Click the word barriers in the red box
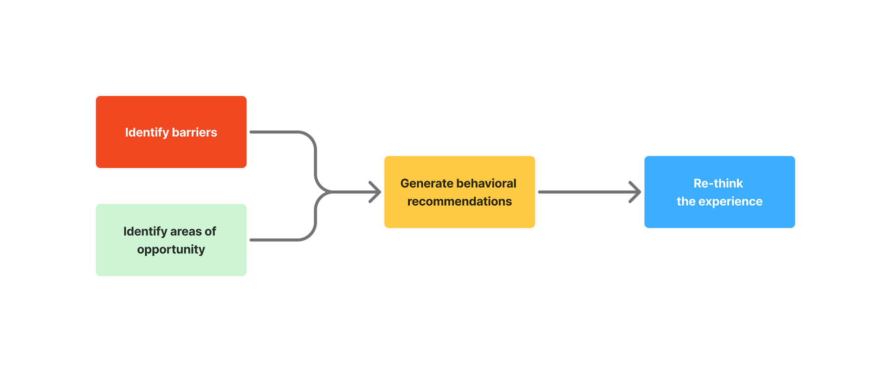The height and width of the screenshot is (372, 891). point(194,132)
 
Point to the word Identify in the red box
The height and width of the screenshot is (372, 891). point(147,132)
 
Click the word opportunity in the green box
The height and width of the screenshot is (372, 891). point(171,249)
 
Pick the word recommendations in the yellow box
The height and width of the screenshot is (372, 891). point(459,202)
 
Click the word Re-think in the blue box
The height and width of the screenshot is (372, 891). point(718,183)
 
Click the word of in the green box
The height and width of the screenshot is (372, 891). point(210,231)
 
